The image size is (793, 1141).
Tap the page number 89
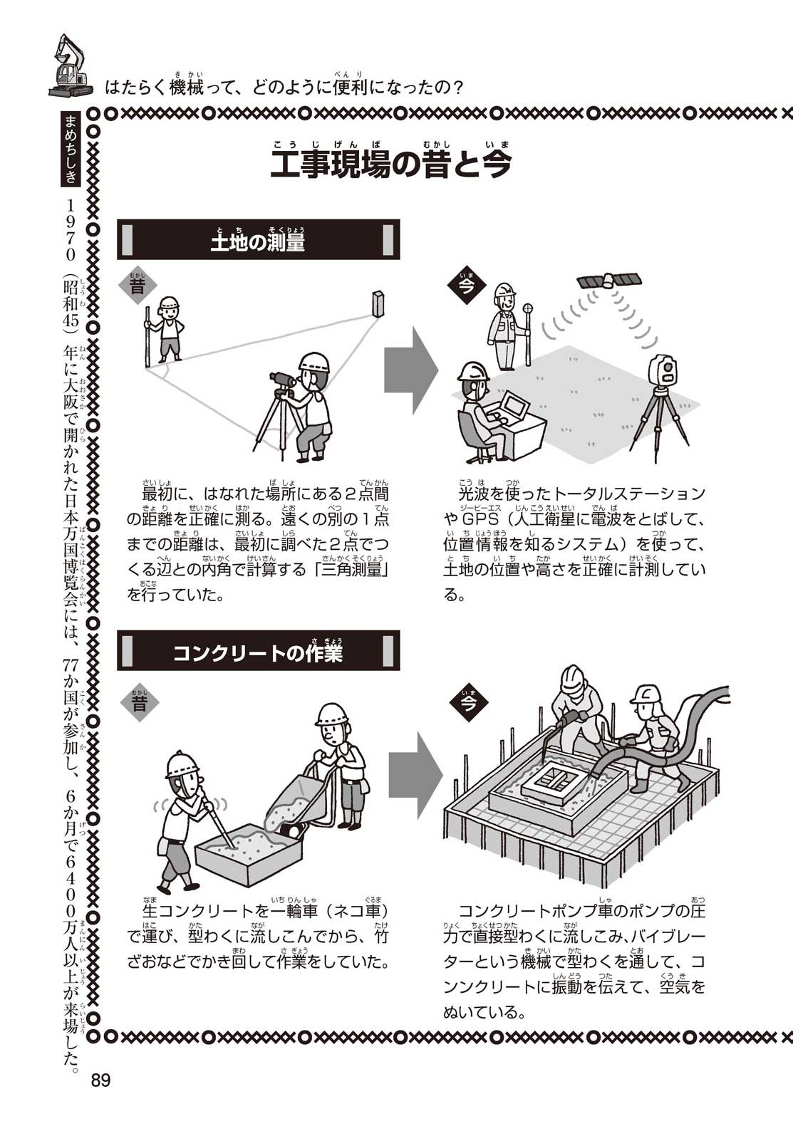(100, 1080)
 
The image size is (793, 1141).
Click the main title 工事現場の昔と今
(390, 165)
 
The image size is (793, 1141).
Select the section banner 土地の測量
(258, 240)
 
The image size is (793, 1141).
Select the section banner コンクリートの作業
(258, 651)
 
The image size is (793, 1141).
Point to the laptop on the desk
(513, 407)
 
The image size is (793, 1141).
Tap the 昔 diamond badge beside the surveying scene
(138, 286)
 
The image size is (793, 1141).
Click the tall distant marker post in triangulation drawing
(378, 303)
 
